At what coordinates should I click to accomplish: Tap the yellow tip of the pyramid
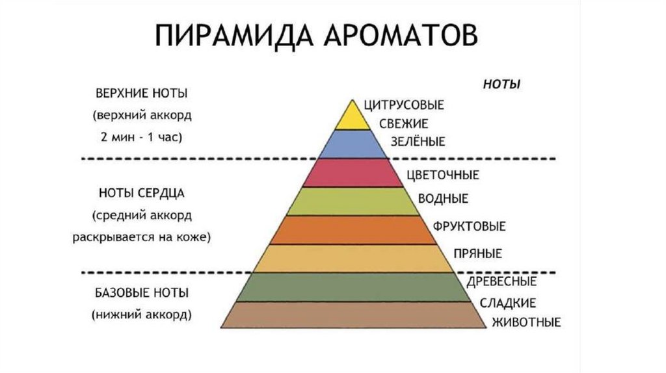click(353, 117)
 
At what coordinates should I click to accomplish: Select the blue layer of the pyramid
click(353, 144)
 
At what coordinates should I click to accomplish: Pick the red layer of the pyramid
click(353, 172)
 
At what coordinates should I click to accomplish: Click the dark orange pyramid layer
click(353, 229)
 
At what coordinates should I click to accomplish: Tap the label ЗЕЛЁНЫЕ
click(418, 141)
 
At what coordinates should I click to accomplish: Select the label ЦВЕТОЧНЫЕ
click(442, 175)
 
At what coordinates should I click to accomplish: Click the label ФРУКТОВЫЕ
click(469, 226)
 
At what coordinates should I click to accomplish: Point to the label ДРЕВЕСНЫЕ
click(501, 282)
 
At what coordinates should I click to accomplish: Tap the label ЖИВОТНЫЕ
click(527, 322)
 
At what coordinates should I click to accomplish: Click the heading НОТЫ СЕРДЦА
click(142, 193)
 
